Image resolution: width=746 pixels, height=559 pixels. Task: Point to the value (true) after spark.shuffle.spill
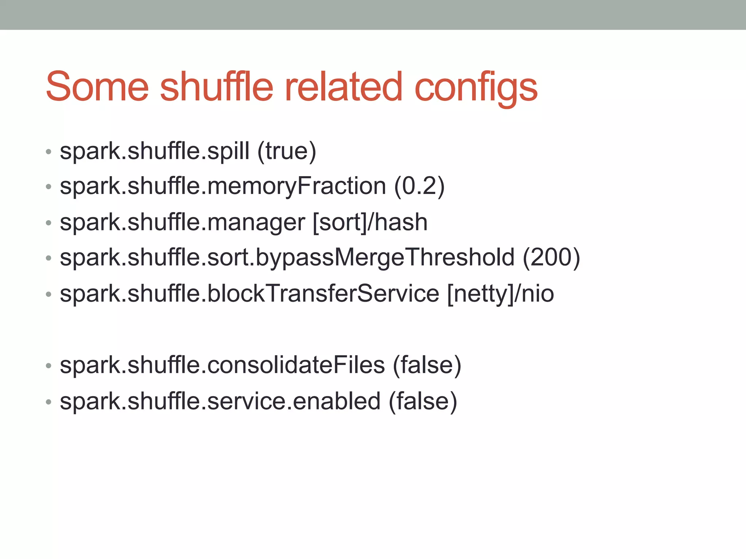click(287, 151)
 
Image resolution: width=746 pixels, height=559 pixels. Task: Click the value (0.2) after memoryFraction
click(419, 186)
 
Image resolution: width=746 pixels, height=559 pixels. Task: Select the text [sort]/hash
click(370, 222)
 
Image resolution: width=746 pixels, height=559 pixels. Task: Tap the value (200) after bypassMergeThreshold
click(551, 258)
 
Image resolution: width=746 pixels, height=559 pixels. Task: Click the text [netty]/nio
click(500, 294)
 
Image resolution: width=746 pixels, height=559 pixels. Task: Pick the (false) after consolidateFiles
click(427, 365)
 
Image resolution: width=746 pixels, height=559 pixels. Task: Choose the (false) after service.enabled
click(423, 401)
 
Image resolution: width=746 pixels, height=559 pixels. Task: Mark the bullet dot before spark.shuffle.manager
click(48, 223)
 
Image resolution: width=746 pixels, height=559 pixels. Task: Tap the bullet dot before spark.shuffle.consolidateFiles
click(48, 366)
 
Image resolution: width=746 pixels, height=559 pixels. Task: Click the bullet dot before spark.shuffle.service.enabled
click(48, 402)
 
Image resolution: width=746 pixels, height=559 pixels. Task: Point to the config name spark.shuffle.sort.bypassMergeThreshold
click(287, 258)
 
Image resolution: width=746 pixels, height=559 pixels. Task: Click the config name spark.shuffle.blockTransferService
click(250, 294)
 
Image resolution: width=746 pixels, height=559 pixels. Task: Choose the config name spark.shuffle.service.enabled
click(220, 401)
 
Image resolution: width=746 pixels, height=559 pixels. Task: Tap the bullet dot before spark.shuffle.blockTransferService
click(48, 294)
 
